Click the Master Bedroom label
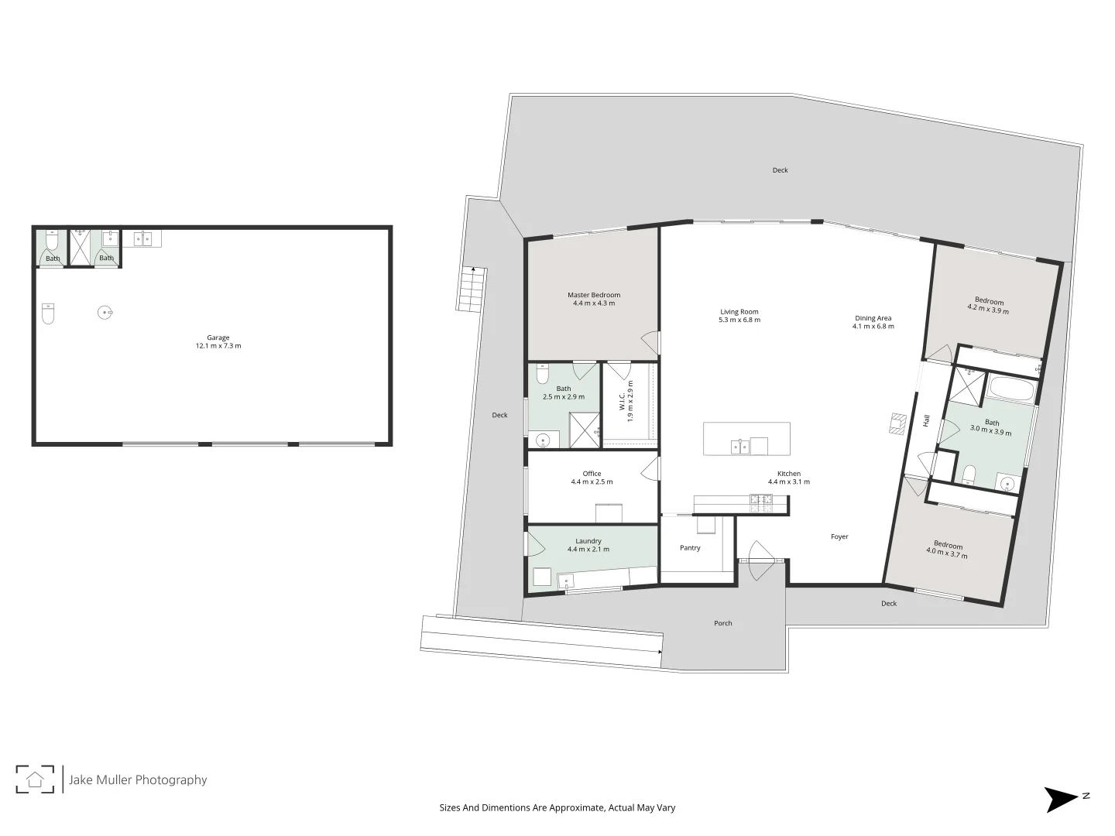click(593, 295)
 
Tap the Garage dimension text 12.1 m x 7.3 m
click(218, 346)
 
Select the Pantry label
click(690, 548)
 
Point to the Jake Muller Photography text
click(138, 779)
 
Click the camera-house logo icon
click(35, 779)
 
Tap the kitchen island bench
click(746, 439)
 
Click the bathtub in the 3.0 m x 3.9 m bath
click(1011, 390)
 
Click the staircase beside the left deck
click(472, 289)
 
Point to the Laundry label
click(588, 541)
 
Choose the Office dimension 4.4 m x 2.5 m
click(592, 481)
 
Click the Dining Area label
click(873, 318)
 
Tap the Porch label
click(722, 623)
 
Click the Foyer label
click(839, 536)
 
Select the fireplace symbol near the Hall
click(898, 424)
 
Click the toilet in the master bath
click(543, 375)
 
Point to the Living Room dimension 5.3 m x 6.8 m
click(739, 320)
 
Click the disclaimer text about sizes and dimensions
click(557, 807)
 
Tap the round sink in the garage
click(106, 313)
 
